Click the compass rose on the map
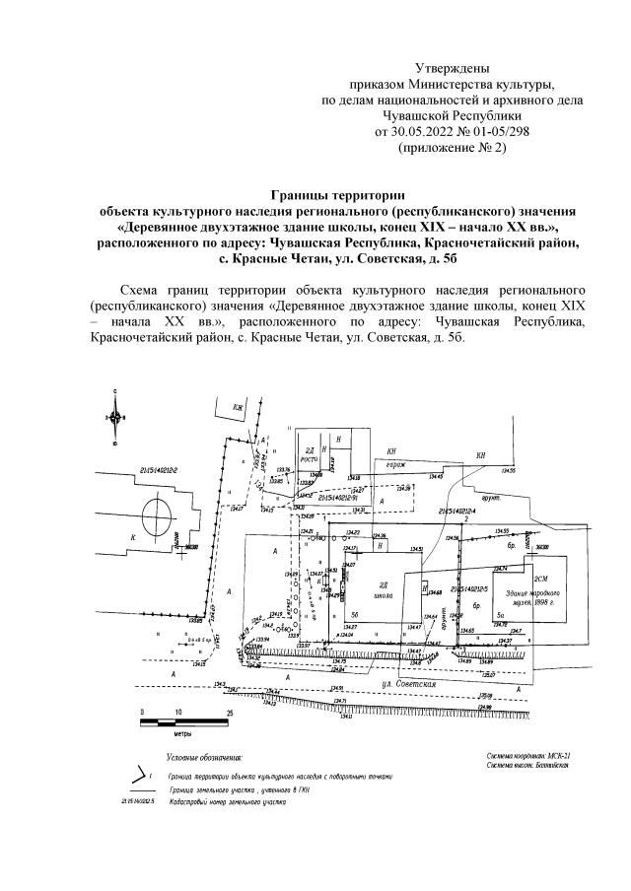tap(115, 417)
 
